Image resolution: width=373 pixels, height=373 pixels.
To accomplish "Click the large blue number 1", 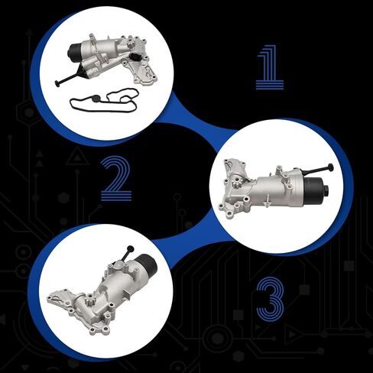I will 270,66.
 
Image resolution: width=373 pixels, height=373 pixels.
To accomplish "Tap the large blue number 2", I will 115,177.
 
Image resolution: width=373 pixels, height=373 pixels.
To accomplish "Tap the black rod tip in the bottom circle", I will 131,248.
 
